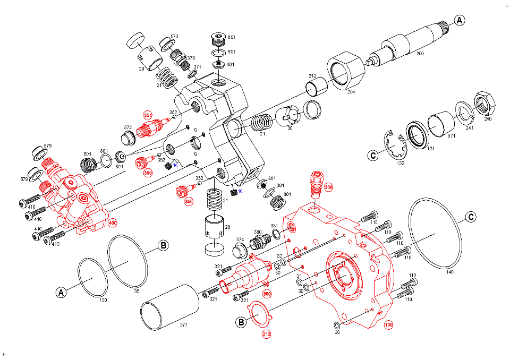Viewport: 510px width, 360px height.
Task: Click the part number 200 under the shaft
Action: [420, 54]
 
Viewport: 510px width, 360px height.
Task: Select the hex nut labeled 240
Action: [484, 102]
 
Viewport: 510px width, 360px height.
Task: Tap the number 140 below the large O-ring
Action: [450, 272]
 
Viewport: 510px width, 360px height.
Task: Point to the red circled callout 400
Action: [112, 223]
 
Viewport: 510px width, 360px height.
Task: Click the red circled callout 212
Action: [266, 335]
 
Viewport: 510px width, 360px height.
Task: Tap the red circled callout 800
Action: [267, 293]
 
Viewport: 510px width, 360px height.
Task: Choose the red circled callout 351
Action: [148, 115]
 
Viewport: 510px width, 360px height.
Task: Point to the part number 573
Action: [174, 37]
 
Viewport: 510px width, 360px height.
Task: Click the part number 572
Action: [127, 127]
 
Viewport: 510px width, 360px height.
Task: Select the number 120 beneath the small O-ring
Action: [103, 301]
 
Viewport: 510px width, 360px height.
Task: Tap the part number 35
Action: [137, 291]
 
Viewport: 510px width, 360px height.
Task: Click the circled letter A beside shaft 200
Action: [460, 20]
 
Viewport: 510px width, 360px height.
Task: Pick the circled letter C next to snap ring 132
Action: [373, 155]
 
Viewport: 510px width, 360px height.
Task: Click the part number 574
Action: [240, 239]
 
